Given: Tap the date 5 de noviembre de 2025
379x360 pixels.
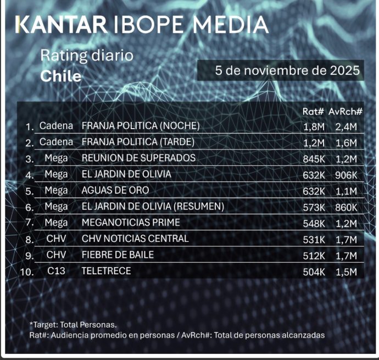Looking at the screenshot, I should [x=288, y=71].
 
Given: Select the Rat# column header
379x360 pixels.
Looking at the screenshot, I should [x=313, y=112].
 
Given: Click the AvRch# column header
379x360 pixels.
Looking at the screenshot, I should [x=345, y=112].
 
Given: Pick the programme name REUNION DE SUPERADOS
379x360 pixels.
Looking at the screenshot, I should [x=138, y=158].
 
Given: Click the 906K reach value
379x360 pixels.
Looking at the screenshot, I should [x=345, y=175].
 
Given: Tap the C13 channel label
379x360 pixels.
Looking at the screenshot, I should [x=55, y=271].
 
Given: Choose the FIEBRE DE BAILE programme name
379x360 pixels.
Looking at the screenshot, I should [x=118, y=255].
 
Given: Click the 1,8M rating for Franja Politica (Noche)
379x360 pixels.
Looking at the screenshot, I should [x=313, y=126].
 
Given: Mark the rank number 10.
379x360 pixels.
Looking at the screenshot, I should [x=26, y=272].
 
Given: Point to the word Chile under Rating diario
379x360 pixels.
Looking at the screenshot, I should [x=60, y=76].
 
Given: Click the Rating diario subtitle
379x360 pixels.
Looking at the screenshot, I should [x=87, y=56].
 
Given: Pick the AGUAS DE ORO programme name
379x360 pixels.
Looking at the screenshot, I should [x=115, y=191].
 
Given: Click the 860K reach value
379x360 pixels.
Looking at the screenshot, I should [x=345, y=207].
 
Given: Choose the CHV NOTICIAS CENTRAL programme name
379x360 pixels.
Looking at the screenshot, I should [x=135, y=239].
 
